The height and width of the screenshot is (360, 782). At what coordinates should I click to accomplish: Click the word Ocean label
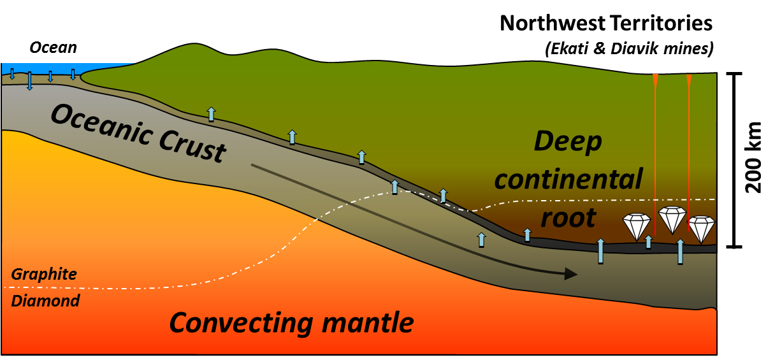(x=53, y=47)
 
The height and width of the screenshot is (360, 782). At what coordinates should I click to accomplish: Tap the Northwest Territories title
(x=605, y=24)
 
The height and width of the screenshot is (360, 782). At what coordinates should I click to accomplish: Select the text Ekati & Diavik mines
(x=628, y=48)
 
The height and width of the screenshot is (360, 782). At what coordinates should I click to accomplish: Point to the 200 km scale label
(x=753, y=157)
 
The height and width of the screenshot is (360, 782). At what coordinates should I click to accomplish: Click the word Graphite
(x=44, y=274)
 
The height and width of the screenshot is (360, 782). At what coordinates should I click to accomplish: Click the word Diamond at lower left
(x=45, y=301)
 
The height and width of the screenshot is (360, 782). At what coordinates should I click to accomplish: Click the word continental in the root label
(x=568, y=180)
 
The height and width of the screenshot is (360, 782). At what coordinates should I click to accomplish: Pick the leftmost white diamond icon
(x=636, y=226)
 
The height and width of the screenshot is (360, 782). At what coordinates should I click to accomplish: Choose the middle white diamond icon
(x=672, y=219)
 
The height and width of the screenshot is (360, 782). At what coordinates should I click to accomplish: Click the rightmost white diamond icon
(x=701, y=229)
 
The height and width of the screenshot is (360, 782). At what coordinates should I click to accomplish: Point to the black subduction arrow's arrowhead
(x=571, y=274)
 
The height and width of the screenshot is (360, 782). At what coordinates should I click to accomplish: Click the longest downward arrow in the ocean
(x=29, y=81)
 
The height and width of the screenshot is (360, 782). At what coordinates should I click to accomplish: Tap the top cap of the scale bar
(x=735, y=74)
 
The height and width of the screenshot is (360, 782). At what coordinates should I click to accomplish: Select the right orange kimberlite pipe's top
(x=688, y=80)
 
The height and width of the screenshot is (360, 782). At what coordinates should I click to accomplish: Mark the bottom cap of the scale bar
(x=735, y=246)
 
